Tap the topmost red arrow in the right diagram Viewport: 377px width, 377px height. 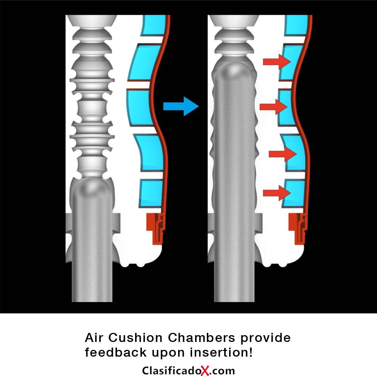coord(277,61)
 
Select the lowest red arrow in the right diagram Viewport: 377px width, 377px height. coord(277,193)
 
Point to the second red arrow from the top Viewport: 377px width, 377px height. coord(274,107)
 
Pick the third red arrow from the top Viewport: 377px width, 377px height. coord(283,154)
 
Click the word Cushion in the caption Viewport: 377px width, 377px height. coord(135,337)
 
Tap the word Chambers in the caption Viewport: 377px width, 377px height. coord(201,337)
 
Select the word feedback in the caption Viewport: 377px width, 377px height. coord(116,352)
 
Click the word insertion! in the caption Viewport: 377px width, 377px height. coord(221,352)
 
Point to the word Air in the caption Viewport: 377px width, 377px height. coord(94,337)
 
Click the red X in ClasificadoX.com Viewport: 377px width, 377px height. coord(205,370)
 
